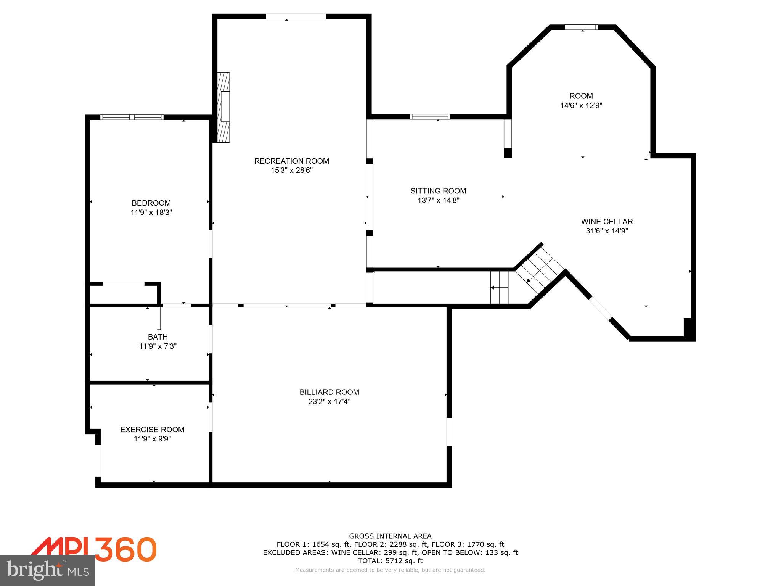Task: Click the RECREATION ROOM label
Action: click(x=291, y=161)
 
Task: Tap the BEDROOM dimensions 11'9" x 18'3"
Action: click(x=151, y=213)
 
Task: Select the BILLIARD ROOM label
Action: click(x=329, y=392)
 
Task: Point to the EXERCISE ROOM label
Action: click(x=152, y=430)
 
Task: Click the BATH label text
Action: click(x=157, y=337)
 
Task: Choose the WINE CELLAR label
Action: click(x=607, y=221)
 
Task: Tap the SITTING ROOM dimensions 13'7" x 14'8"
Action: click(x=438, y=200)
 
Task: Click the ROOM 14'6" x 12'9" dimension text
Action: click(x=581, y=105)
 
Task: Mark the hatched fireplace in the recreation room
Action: click(x=223, y=108)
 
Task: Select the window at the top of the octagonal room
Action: click(x=581, y=27)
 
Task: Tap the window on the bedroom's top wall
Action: click(x=132, y=117)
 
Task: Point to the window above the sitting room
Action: click(x=430, y=117)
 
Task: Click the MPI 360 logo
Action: click(x=93, y=549)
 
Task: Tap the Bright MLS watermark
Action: click(x=47, y=570)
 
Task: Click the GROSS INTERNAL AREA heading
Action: click(x=390, y=536)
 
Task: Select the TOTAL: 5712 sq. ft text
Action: click(x=390, y=560)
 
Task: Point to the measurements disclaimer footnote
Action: click(x=390, y=570)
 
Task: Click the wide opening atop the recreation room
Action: click(x=296, y=16)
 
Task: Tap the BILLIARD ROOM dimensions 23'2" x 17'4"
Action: click(x=329, y=401)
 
